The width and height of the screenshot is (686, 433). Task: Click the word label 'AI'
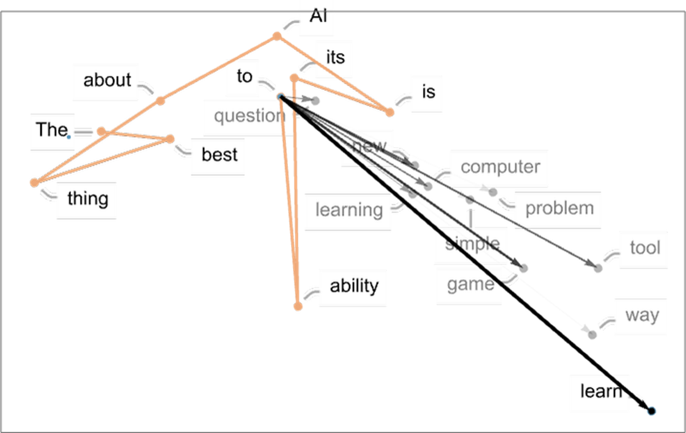(x=318, y=16)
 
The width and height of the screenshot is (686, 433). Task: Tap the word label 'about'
(x=107, y=80)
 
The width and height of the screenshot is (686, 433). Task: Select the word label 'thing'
(x=87, y=199)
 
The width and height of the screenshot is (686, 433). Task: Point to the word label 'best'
(x=219, y=155)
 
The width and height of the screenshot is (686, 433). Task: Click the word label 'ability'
(x=354, y=286)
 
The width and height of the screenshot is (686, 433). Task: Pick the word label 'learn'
(x=600, y=391)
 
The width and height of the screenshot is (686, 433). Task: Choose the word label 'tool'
(x=645, y=248)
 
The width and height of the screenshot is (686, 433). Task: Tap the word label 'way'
(x=642, y=315)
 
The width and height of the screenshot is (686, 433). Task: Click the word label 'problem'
(x=559, y=208)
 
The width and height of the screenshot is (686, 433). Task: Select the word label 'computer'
(x=500, y=167)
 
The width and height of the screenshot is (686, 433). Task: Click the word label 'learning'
(x=349, y=210)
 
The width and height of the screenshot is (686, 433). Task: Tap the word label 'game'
(x=470, y=285)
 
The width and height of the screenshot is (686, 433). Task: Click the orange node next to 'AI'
(x=277, y=36)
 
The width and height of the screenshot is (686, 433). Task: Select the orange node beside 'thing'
(x=35, y=183)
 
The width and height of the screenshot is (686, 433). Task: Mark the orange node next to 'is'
(x=389, y=112)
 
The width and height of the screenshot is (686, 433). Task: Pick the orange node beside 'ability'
(x=298, y=307)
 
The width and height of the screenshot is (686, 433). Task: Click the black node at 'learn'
(x=651, y=411)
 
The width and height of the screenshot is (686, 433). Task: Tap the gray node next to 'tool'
(x=598, y=268)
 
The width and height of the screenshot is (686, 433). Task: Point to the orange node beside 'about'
(x=161, y=101)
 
